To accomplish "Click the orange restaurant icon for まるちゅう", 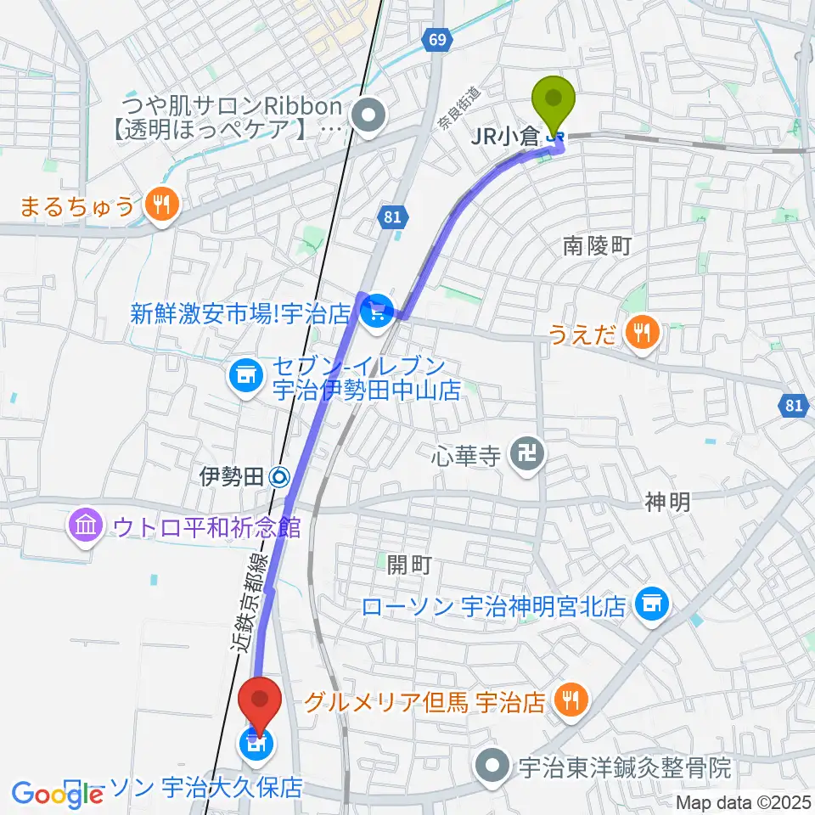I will tap(160, 204).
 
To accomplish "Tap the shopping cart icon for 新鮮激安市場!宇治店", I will tap(374, 313).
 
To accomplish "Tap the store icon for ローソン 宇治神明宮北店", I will tap(652, 604).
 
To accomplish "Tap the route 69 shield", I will tap(436, 39).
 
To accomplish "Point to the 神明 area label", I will tap(667, 503).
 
